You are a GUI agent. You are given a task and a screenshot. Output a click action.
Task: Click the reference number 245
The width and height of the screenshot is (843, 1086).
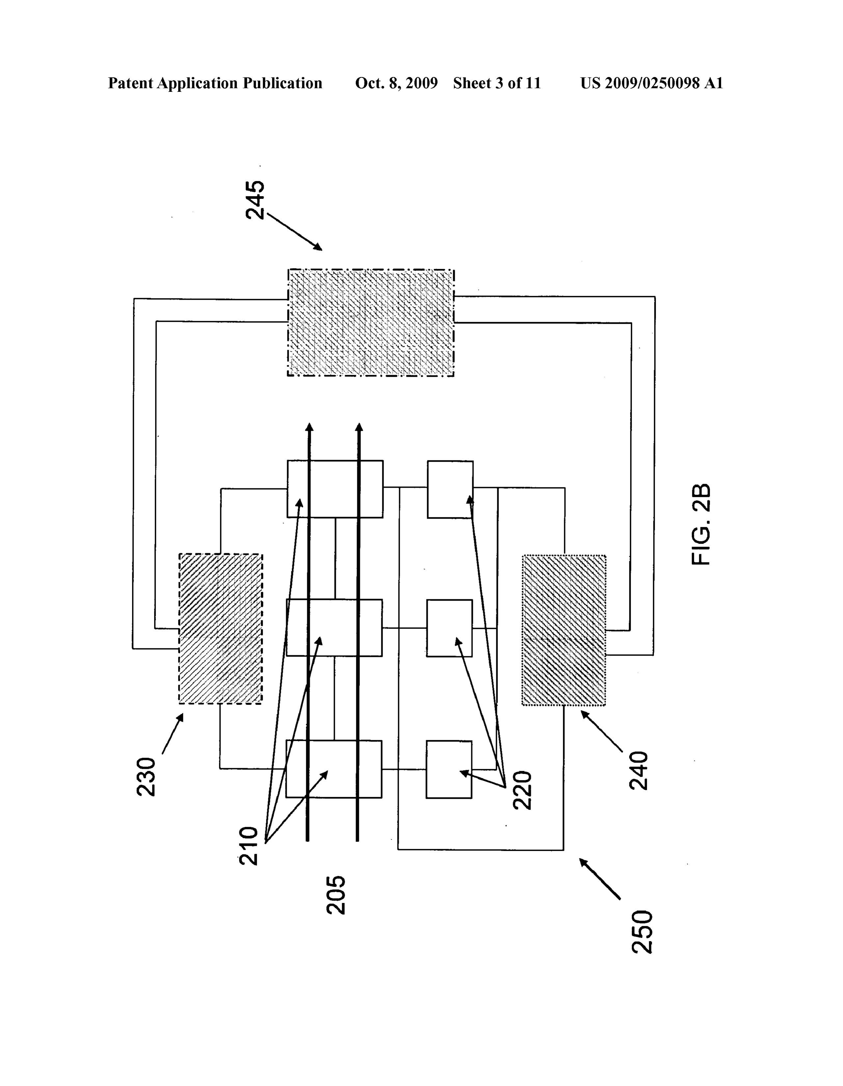(x=255, y=199)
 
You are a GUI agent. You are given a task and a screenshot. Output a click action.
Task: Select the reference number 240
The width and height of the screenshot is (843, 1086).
(x=639, y=771)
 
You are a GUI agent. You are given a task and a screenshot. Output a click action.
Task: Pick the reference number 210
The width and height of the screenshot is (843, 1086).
(x=249, y=846)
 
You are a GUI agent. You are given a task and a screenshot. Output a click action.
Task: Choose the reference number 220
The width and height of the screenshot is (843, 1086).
(x=523, y=790)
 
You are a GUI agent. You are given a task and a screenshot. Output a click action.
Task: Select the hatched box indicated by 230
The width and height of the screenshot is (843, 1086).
(x=220, y=629)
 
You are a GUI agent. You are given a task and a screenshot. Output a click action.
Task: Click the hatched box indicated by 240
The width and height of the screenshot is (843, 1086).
(x=564, y=630)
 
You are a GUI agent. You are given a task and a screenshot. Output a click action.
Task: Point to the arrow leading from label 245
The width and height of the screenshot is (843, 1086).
(x=294, y=232)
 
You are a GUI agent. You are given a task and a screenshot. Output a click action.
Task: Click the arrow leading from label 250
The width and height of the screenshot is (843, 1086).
(x=600, y=879)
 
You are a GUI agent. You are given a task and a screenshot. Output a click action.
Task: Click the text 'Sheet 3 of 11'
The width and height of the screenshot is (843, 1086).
(x=497, y=83)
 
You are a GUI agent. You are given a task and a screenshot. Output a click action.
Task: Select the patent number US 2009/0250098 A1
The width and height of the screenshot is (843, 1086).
(x=651, y=83)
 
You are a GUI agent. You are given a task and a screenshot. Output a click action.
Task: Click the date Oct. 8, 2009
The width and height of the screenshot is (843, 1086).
(x=396, y=83)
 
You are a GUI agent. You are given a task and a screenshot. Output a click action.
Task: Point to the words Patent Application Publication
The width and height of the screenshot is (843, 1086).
(x=215, y=83)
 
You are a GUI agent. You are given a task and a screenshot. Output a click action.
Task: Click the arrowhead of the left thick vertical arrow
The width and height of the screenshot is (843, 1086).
(x=309, y=427)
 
